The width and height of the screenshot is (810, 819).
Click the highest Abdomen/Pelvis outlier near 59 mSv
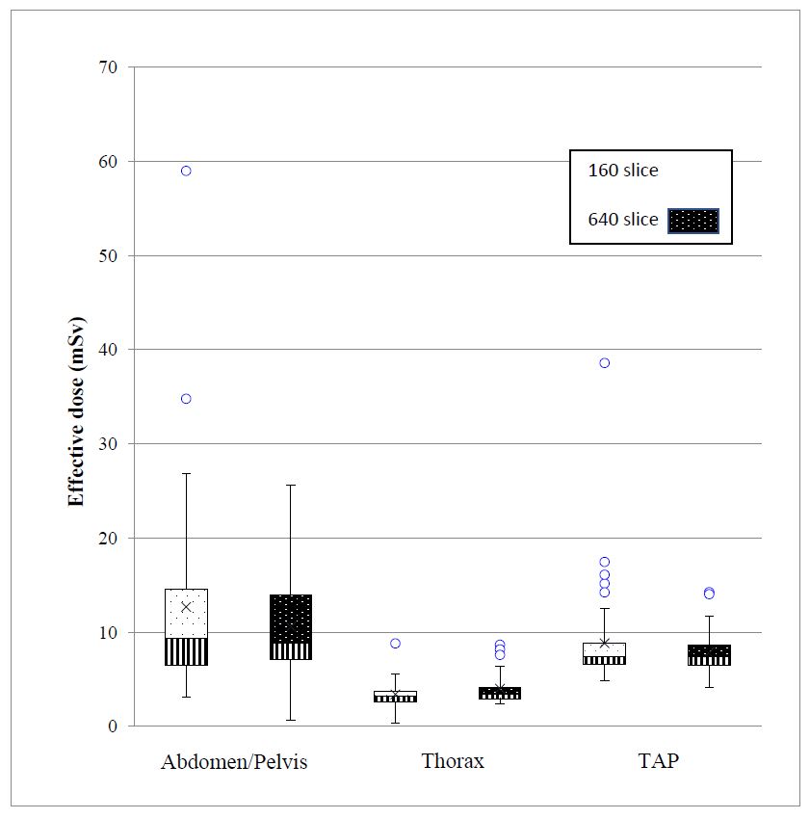186,171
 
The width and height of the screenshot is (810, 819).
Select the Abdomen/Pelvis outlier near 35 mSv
186,398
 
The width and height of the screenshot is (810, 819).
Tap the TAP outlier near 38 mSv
605,362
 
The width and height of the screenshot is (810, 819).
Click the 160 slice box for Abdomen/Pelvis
186,626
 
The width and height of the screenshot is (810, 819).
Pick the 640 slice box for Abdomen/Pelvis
291,626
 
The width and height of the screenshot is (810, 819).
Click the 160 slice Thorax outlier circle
395,643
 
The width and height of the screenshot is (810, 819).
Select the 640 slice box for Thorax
500,693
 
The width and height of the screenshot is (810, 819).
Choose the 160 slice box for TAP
605,653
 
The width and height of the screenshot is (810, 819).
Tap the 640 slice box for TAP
709,655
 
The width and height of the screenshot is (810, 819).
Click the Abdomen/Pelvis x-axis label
234,762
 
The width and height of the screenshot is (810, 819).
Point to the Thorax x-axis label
453,762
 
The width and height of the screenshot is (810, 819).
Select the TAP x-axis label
658,762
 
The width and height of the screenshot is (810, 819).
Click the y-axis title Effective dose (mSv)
76,410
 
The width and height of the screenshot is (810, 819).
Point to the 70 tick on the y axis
107,67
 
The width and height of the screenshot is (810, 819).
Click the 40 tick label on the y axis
107,350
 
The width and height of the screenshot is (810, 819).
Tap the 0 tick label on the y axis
112,727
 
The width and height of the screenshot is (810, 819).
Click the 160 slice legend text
623,171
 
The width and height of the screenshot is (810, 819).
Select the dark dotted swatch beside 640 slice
693,221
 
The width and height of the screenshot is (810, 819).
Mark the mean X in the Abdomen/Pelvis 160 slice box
186,606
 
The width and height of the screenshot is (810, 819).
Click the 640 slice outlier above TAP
709,593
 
